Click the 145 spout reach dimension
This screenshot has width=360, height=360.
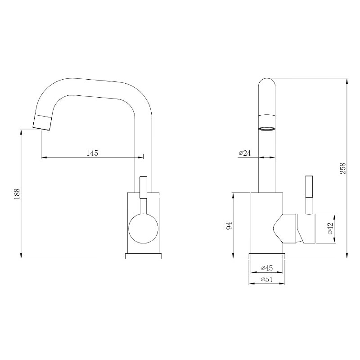92,153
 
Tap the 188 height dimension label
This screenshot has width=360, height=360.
18,194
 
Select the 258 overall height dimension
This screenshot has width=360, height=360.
342,168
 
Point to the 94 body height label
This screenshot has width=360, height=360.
229,226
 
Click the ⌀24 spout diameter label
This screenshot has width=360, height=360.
245,153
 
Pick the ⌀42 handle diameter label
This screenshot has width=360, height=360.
330,228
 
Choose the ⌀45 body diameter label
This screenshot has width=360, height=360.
267,268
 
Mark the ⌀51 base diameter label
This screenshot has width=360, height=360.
267,279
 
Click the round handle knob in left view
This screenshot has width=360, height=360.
144,229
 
